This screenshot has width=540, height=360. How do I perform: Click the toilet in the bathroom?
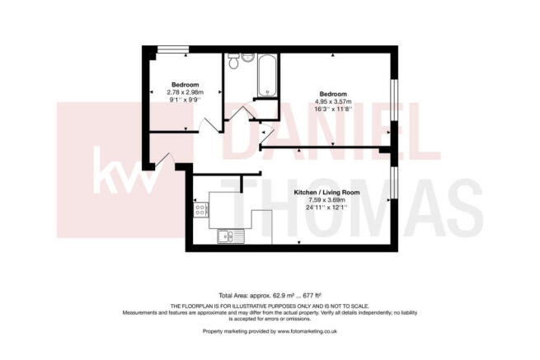(234, 63)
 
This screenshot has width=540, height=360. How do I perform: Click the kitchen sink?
(226, 238)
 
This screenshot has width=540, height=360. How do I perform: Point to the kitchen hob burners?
(200, 212)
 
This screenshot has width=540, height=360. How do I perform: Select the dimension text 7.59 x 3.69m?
(324, 200)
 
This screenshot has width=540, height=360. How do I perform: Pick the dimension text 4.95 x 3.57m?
(335, 101)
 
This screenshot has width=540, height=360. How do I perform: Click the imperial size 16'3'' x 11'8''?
(335, 109)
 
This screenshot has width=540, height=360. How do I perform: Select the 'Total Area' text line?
(270, 295)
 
